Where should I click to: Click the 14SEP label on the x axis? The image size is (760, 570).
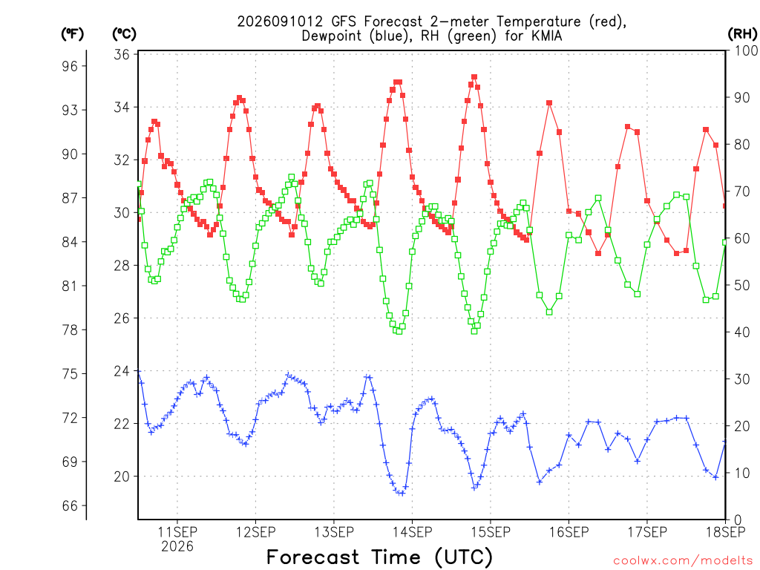[413, 532]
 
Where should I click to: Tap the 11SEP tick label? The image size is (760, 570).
[177, 532]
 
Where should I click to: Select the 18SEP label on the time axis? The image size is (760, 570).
[726, 532]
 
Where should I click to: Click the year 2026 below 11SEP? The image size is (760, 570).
[177, 547]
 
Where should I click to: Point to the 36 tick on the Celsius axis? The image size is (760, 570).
[122, 54]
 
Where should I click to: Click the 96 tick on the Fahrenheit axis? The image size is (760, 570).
[69, 66]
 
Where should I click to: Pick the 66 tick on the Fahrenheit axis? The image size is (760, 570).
[69, 506]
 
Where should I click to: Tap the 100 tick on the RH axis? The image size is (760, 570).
[746, 50]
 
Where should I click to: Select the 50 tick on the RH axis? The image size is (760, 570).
[742, 286]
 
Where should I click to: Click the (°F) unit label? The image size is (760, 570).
[72, 34]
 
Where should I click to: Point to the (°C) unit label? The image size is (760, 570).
[124, 34]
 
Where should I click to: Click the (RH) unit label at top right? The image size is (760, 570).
[742, 34]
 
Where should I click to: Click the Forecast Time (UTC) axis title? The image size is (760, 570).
[379, 557]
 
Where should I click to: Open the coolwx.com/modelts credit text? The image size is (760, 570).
[683, 561]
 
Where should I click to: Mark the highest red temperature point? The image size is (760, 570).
[474, 77]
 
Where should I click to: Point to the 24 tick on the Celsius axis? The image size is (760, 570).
[122, 371]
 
